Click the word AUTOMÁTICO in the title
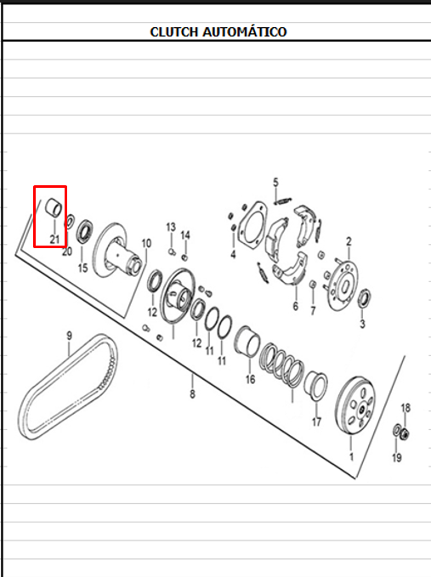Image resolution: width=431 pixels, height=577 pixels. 245,31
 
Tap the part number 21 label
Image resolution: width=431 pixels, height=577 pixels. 54,239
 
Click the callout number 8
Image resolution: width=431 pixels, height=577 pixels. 192,394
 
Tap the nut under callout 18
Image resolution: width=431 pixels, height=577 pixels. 405,434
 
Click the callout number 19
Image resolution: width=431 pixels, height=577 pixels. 396,458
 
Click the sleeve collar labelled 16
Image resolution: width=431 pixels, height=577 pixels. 247,342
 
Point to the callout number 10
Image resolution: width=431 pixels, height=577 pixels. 146,243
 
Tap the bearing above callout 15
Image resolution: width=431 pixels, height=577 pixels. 85,231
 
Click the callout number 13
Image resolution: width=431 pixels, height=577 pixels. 171,227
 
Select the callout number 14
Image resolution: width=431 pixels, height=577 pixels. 185,235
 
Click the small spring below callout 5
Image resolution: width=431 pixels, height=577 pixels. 283,201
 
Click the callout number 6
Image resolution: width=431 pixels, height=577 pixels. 296,306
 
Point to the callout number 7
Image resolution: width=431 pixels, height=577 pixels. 313,311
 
